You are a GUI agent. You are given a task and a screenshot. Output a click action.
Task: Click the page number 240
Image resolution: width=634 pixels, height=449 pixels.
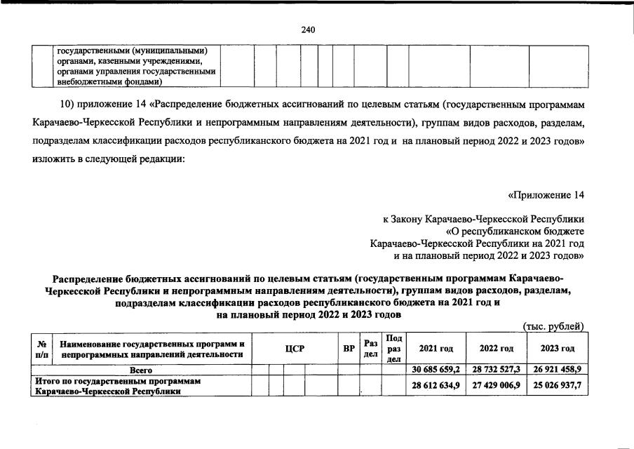click(x=308, y=29)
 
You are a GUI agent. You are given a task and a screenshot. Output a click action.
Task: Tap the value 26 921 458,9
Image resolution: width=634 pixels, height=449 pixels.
click(x=558, y=369)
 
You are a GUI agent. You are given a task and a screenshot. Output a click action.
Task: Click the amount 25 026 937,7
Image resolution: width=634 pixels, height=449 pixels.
click(x=558, y=387)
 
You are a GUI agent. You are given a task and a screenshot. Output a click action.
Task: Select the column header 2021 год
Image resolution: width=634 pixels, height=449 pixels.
click(x=436, y=349)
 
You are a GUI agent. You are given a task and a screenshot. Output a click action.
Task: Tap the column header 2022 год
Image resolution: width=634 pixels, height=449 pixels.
click(x=496, y=349)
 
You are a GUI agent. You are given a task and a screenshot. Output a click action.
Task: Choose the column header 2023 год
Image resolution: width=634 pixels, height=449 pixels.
click(x=558, y=349)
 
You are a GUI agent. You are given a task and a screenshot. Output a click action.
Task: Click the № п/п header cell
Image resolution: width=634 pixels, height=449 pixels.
click(x=42, y=349)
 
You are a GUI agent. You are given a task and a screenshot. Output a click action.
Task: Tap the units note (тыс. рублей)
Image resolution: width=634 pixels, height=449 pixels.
click(x=554, y=326)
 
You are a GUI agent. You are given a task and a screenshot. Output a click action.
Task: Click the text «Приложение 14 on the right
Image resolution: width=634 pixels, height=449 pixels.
click(x=545, y=194)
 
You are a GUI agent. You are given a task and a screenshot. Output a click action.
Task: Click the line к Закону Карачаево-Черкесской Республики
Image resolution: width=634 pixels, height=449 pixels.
click(x=483, y=219)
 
